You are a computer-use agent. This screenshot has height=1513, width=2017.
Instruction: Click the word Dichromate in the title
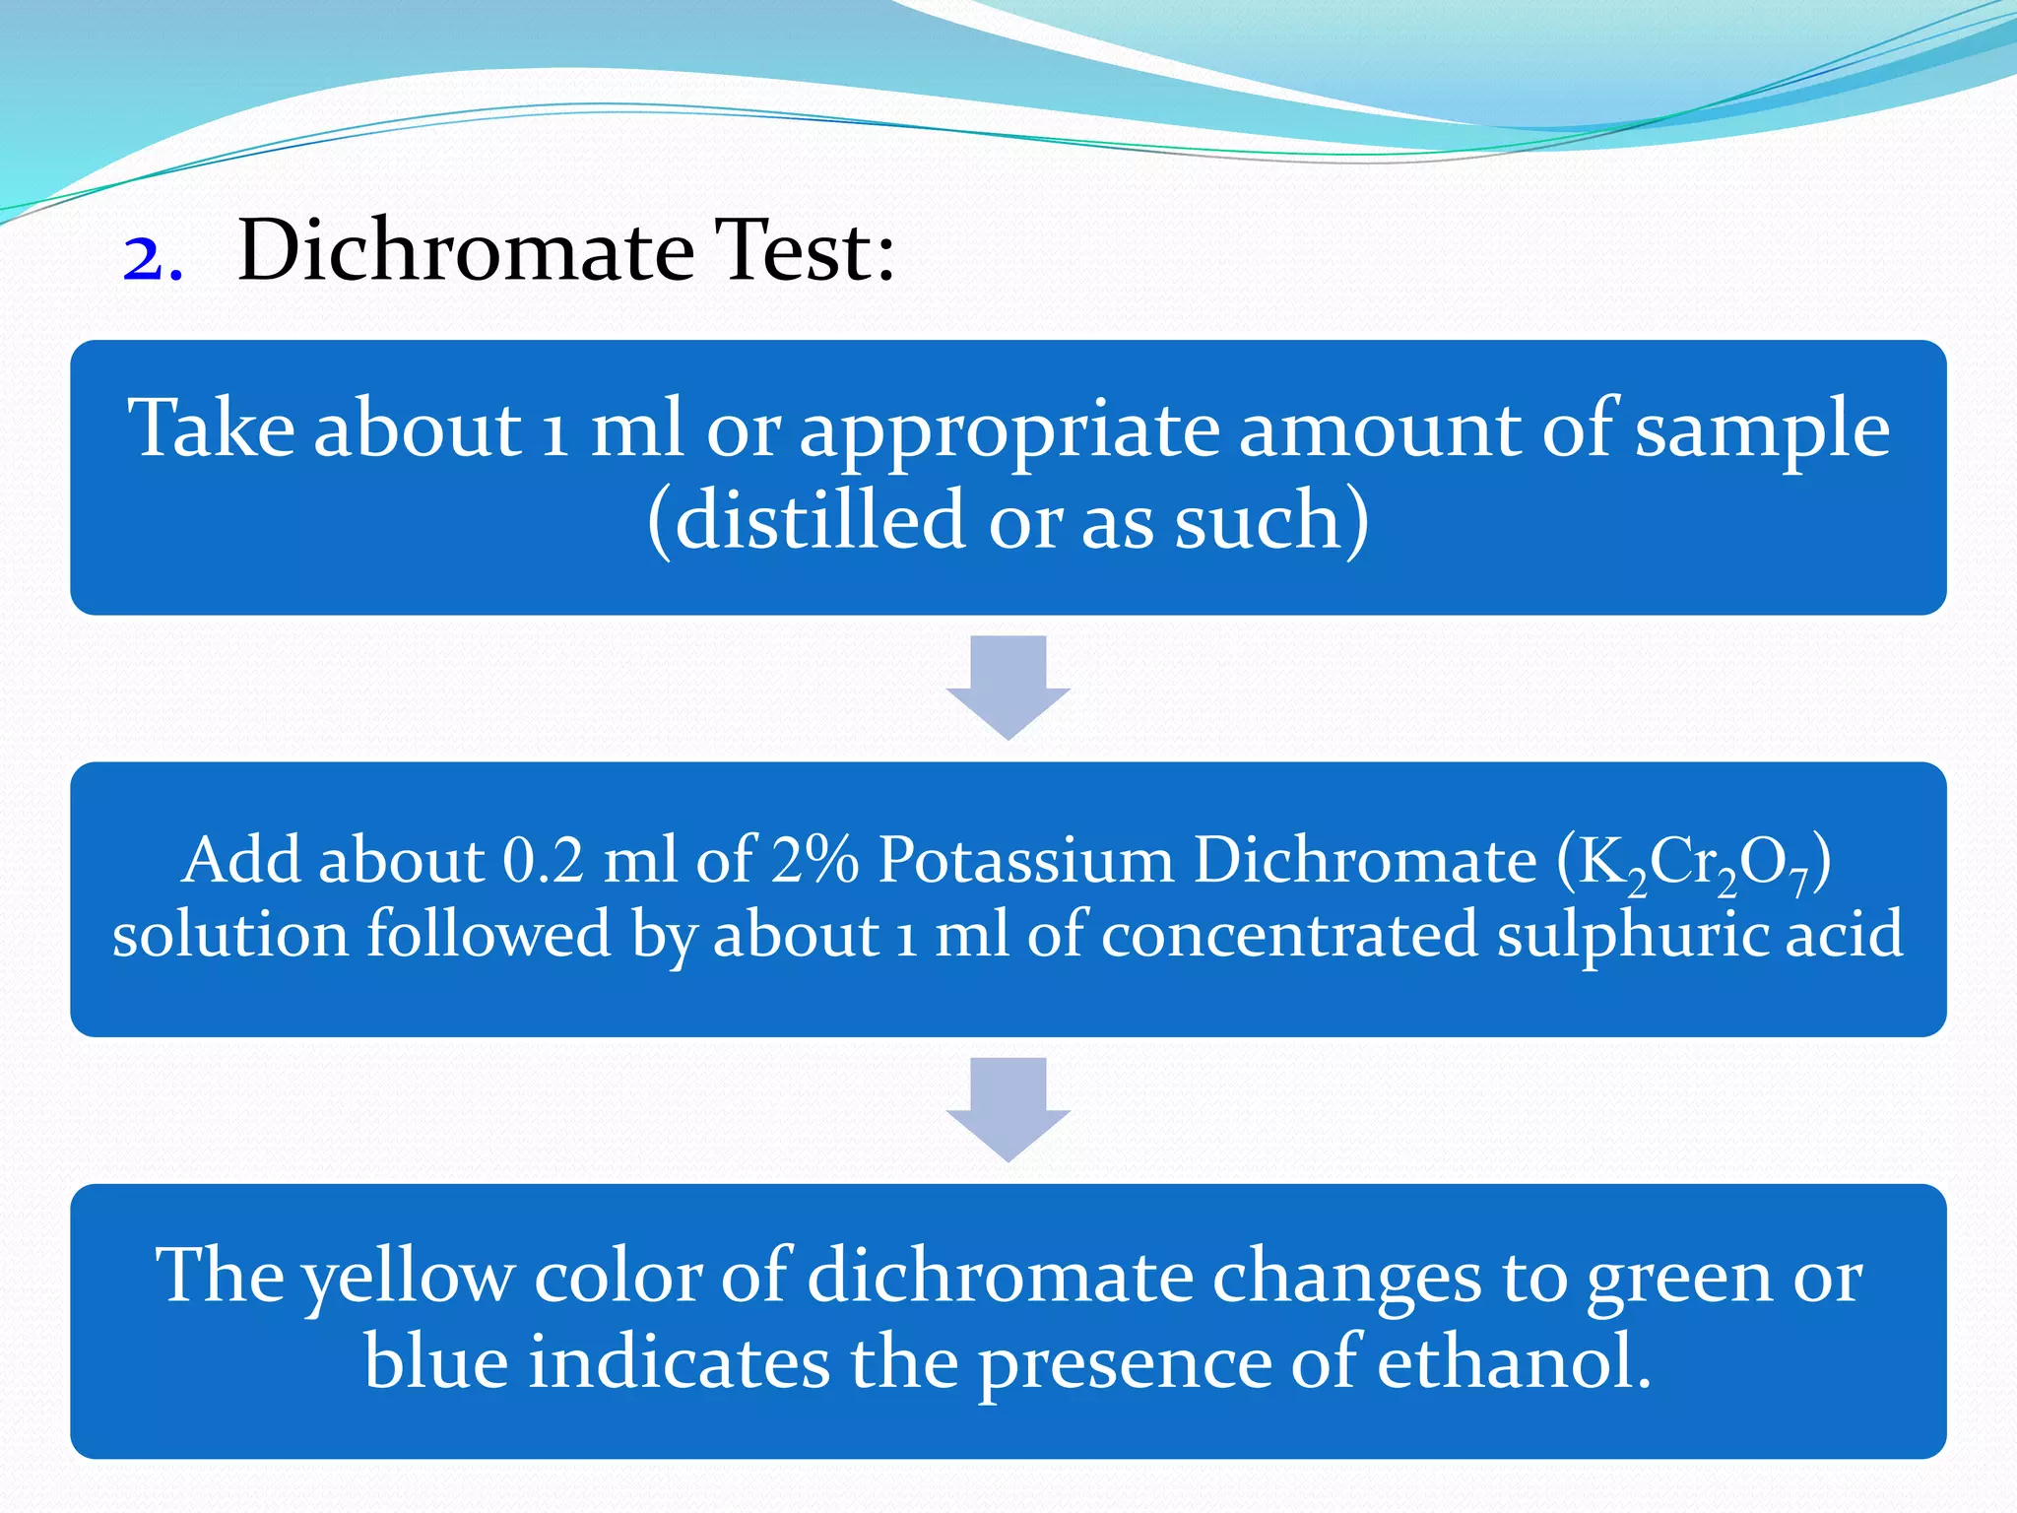466,250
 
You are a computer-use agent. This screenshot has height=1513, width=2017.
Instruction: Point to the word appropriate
1008,433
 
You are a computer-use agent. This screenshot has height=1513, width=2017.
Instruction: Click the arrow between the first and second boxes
1008,686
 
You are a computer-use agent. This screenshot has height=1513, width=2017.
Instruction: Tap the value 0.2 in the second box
543,860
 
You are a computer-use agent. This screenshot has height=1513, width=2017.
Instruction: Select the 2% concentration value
814,860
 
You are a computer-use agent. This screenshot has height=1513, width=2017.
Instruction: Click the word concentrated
1289,934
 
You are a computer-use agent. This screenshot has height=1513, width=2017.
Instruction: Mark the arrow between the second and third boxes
1008,1108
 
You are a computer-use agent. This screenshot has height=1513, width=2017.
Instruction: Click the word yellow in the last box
408,1279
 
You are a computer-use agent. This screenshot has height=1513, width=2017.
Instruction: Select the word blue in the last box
435,1363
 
